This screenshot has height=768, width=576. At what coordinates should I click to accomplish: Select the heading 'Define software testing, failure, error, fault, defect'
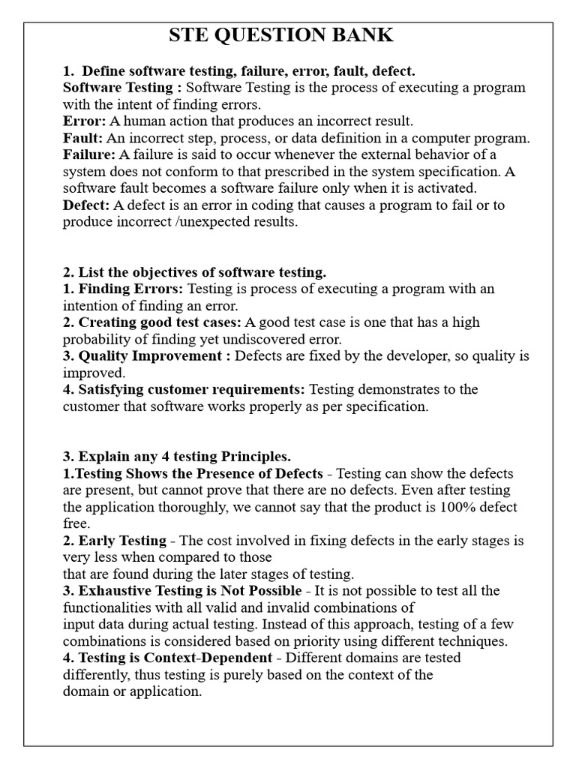[x=247, y=71]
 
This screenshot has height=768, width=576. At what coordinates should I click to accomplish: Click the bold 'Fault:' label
[x=82, y=138]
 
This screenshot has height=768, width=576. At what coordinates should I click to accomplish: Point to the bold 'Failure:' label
[x=88, y=154]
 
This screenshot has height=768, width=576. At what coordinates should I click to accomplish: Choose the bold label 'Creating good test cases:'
[x=152, y=322]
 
